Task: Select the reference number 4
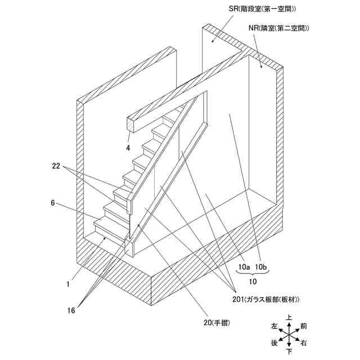pos(128,148)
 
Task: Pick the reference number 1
pos(67,284)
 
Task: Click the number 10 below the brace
pos(253,280)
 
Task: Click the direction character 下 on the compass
pos(289,352)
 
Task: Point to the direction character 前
pos(304,326)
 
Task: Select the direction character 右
pos(304,343)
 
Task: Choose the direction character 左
pos(274,326)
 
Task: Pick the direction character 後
pos(274,343)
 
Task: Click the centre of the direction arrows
pos(289,335)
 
